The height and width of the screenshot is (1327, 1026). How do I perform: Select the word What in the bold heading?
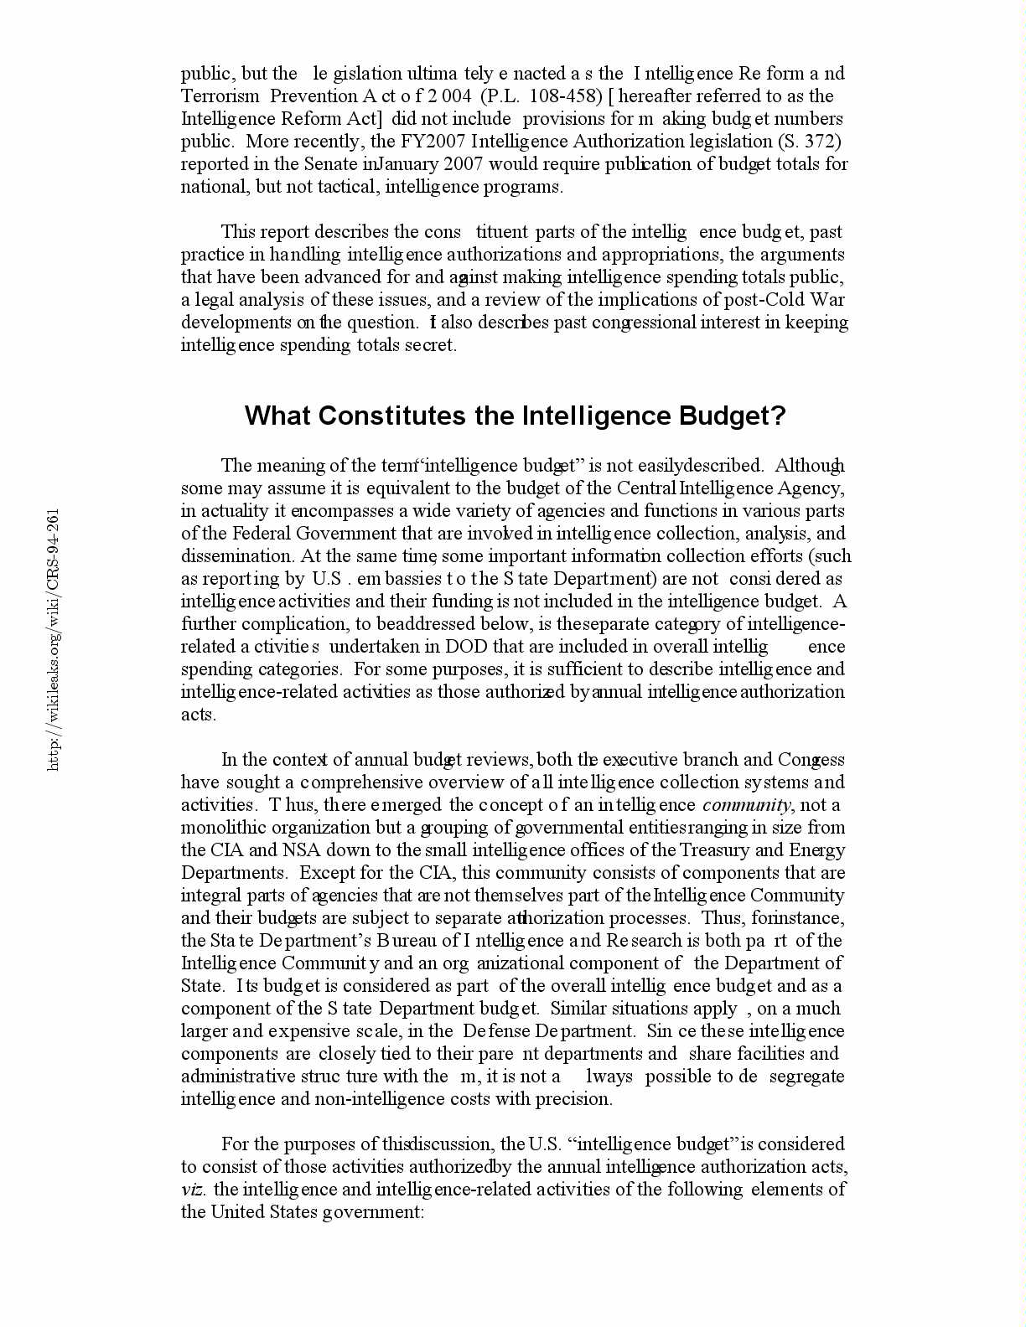[277, 416]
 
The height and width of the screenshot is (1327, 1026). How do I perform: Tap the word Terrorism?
[220, 96]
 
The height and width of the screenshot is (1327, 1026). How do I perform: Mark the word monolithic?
[220, 828]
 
